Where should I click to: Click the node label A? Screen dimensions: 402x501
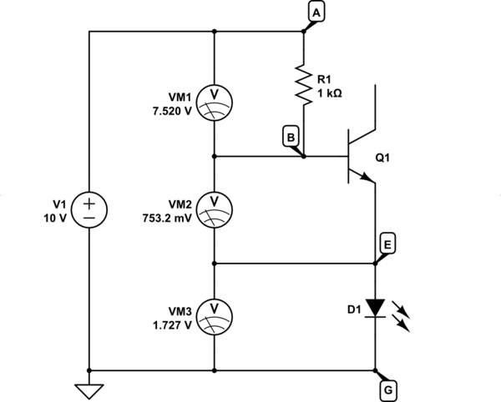316,12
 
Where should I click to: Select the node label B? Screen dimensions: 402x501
290,136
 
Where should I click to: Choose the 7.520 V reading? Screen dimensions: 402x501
172,110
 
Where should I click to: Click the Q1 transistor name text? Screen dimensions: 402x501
383,157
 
